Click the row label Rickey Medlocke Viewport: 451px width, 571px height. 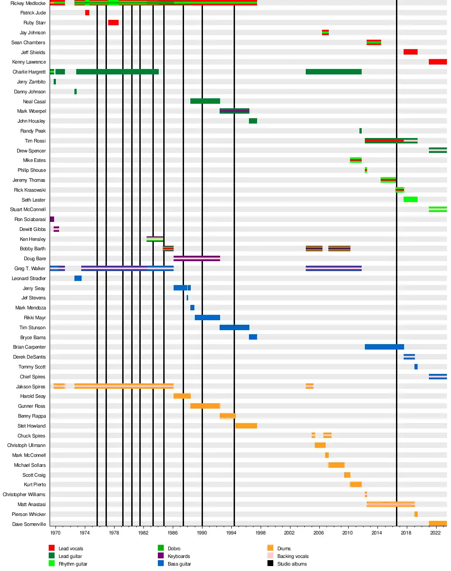pos(28,3)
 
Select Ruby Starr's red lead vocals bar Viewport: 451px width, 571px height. pos(113,23)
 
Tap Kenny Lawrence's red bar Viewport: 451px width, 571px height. pos(437,62)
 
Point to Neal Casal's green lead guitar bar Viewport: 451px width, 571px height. pos(205,101)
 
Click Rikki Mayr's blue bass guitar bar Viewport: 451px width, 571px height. pos(207,318)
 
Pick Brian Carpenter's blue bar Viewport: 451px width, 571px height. pos(384,347)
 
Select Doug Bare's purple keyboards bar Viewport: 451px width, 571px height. pos(197,258)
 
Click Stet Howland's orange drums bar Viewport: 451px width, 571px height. pos(246,426)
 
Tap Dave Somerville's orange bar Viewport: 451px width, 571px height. pos(437,524)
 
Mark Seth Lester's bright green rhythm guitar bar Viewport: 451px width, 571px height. pos(410,199)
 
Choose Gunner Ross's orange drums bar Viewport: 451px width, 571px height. pos(205,406)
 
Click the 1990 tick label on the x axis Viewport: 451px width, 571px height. pos(202,533)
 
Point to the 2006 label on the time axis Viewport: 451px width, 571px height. pos(318,533)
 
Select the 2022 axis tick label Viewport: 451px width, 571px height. pos(435,533)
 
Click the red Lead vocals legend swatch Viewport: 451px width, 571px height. pos(51,548)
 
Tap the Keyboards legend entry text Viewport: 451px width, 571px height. pos(179,556)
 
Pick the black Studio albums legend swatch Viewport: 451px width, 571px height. pos(270,563)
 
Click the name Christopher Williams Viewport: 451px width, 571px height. pos(24,494)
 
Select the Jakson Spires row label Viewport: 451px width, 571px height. pos(31,387)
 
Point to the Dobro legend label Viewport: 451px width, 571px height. pos(174,548)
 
